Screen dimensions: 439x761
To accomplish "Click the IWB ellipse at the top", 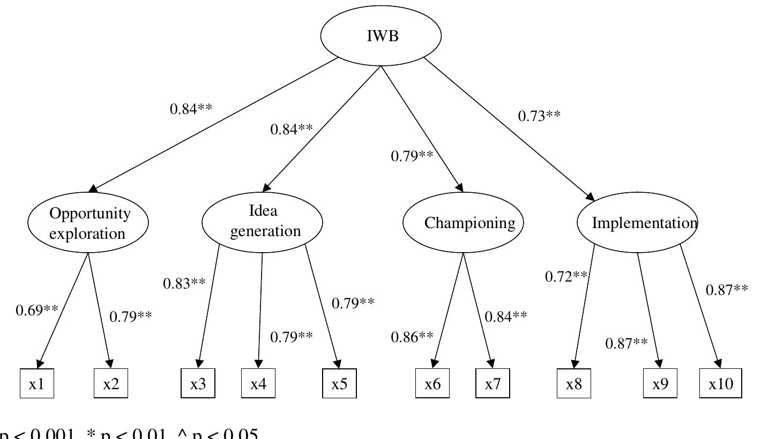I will (381, 36).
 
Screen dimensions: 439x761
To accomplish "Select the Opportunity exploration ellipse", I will (88, 223).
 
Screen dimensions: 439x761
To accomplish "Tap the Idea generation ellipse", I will (262, 222).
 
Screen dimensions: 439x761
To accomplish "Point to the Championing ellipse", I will (463, 223).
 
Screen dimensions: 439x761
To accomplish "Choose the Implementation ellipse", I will (637, 223).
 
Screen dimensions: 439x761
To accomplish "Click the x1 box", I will (37, 384).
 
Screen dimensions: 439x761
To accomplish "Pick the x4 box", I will (258, 384).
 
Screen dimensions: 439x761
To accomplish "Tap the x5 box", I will (339, 384).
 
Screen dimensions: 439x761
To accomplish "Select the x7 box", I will (493, 384).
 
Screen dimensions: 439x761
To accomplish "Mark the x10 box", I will (721, 384).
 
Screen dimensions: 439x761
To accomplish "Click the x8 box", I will (574, 384).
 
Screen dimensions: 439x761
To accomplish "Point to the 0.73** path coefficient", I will (539, 116).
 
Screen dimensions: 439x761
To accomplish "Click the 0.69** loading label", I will (37, 311).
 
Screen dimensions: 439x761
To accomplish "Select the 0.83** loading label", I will (184, 283).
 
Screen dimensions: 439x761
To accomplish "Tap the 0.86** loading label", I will (412, 337).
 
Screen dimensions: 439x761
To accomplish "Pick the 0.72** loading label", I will (566, 276).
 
